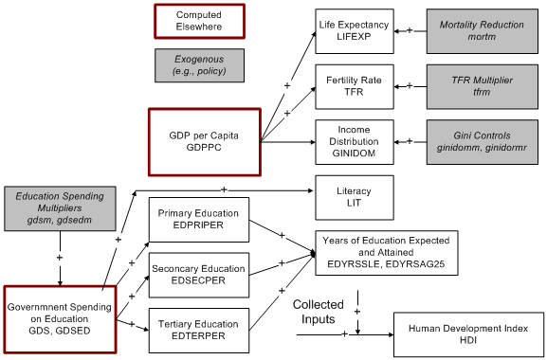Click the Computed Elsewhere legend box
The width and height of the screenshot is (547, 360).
click(x=199, y=20)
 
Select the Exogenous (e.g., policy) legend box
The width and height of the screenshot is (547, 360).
click(x=199, y=63)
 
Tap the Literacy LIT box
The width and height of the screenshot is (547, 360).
click(x=352, y=196)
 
